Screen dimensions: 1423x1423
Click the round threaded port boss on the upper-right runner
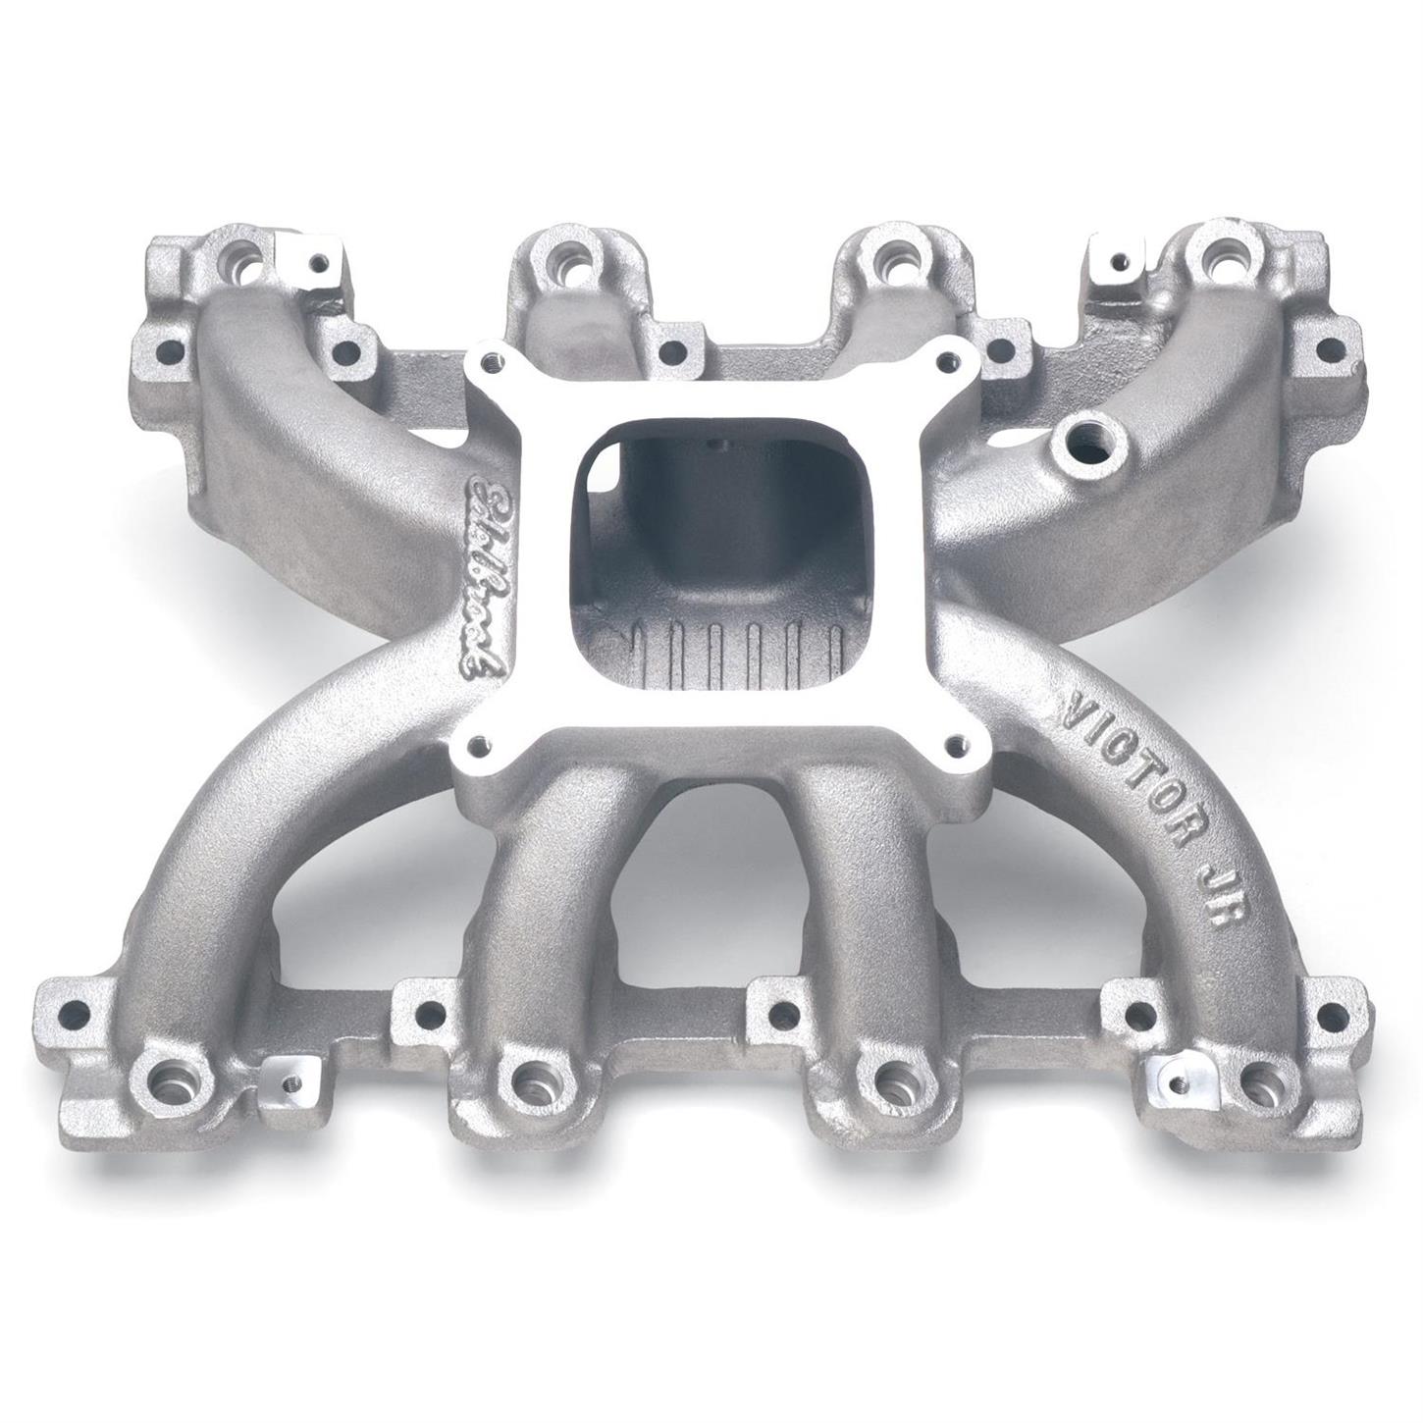1086,433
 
